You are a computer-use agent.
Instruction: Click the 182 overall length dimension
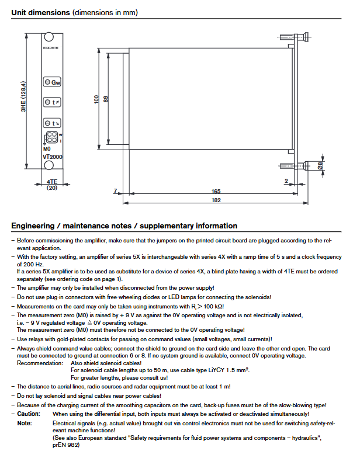click(x=216, y=200)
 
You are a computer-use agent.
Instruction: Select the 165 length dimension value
click(x=216, y=191)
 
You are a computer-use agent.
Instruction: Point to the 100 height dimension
click(x=97, y=100)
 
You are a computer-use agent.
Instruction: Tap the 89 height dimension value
click(x=106, y=100)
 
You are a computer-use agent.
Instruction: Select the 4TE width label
click(x=52, y=182)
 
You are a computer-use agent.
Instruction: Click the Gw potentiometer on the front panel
click(x=52, y=82)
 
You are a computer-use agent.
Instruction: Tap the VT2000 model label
click(x=53, y=157)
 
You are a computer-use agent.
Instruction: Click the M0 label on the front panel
click(x=47, y=150)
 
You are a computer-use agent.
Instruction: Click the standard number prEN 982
click(x=65, y=445)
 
